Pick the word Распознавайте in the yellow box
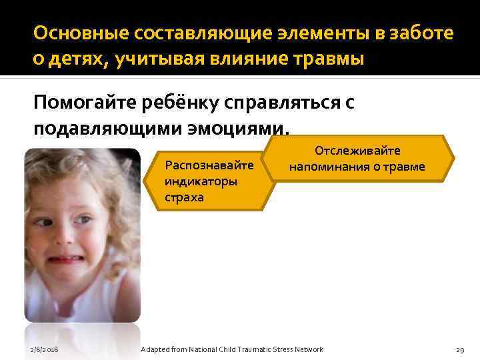(209, 164)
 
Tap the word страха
(184, 197)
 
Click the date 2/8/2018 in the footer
(44, 349)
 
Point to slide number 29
(459, 349)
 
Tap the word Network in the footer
(307, 349)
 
